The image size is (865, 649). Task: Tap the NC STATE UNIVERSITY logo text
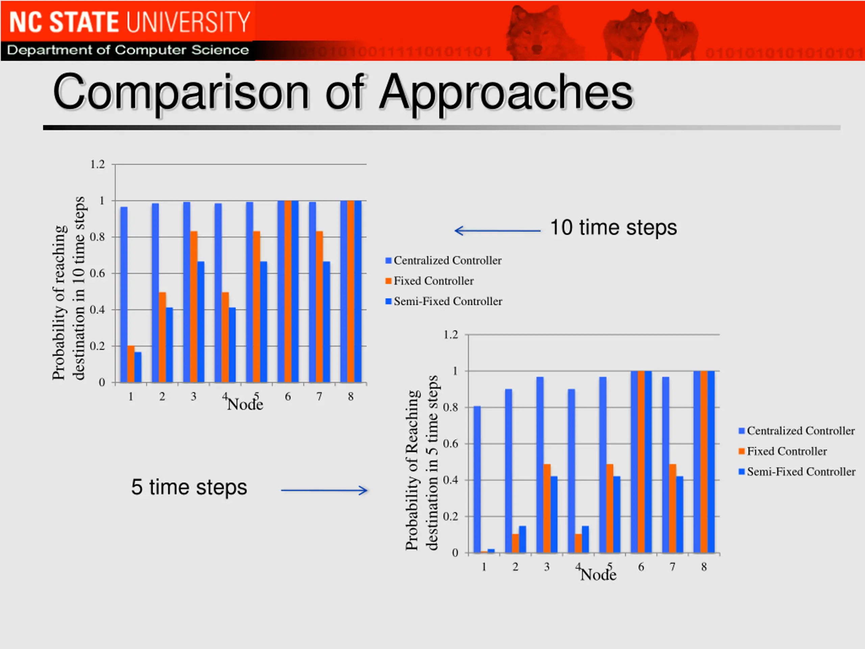129,22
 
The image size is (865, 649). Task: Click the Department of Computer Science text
128,50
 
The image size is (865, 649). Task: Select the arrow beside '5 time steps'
324,490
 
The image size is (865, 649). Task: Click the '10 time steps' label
613,228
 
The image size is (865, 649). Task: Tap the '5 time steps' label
189,487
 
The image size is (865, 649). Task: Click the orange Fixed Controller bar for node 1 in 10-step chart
131,364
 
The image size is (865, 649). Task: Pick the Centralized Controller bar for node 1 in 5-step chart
477,479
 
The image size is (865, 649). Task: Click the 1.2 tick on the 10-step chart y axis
98,164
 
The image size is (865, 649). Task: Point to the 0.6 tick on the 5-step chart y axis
450,443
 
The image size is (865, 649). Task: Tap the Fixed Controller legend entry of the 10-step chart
433,281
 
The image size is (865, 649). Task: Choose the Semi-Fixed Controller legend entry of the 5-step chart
800,472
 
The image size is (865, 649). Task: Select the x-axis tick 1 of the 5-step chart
484,567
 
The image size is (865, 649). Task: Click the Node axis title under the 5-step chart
598,575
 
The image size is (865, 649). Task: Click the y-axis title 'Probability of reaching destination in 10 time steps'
69,289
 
